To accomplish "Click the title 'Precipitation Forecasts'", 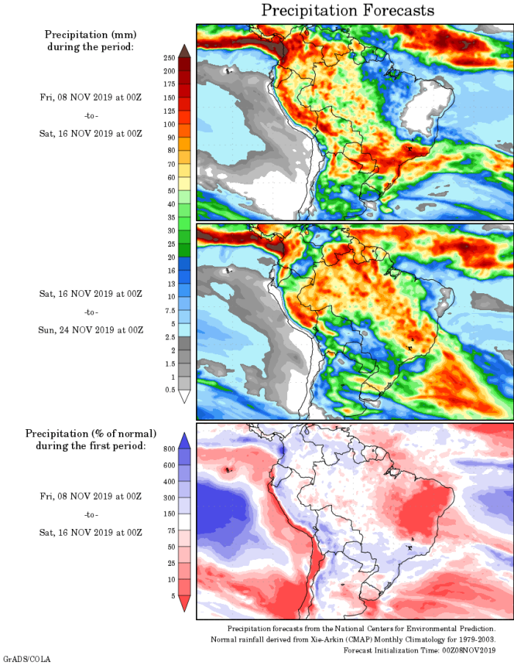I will point(348,10).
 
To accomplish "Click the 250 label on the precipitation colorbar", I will point(169,57).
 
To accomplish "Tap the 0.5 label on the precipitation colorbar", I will point(169,389).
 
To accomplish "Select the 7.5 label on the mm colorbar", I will point(169,310).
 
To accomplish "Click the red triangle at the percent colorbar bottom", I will point(184,604).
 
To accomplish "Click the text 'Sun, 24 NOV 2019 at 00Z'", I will point(91,329).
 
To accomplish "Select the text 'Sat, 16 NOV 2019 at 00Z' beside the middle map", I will point(91,294).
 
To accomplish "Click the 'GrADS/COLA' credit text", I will point(26,659).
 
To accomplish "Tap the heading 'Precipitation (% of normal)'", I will point(91,433).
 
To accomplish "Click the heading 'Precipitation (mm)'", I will point(91,35).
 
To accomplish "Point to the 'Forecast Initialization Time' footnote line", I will point(419,650).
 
